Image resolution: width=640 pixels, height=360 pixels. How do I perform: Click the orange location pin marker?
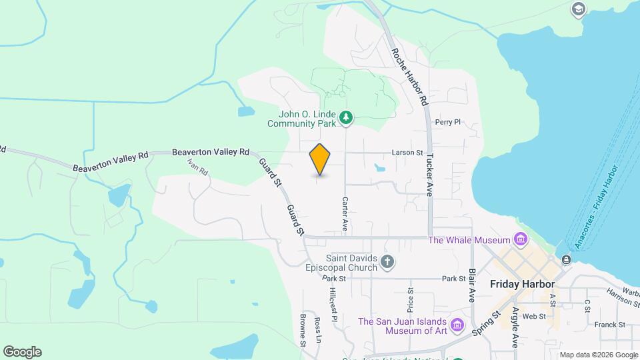320,159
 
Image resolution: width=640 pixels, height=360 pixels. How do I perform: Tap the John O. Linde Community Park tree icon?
346,118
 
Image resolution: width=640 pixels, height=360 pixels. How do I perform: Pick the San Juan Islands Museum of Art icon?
457,325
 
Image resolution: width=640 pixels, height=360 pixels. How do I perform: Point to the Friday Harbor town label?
523,284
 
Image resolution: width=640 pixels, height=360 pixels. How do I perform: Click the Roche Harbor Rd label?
409,77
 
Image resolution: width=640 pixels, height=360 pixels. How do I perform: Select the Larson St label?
407,153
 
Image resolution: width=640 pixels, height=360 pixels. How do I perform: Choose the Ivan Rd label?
198,167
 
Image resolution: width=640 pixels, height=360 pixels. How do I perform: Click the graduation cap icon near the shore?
578,10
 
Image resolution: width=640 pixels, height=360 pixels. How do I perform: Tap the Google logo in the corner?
22,352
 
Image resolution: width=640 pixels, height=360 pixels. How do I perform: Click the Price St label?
411,299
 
